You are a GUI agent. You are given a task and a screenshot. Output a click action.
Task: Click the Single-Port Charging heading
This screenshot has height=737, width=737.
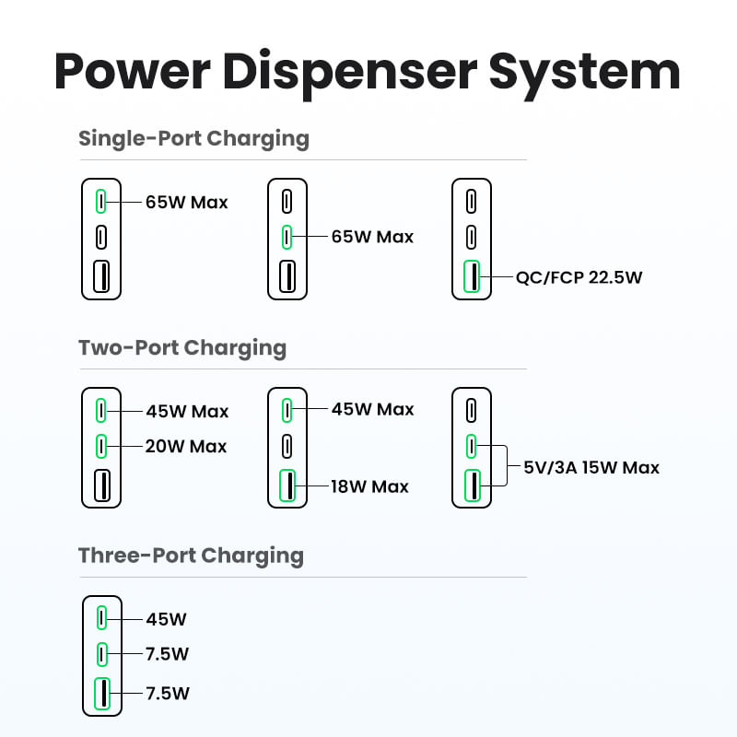[x=193, y=139]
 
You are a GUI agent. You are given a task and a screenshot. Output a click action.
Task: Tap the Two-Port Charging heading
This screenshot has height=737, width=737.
[x=182, y=348]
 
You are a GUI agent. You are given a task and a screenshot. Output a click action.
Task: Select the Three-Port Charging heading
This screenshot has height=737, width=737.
[x=191, y=556]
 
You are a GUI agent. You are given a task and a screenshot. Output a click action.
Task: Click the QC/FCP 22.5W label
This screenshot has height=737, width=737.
[x=579, y=276]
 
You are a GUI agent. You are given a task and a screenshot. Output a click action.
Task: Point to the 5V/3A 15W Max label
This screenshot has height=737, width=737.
[x=591, y=467]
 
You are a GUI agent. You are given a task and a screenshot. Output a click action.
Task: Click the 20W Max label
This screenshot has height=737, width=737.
[x=186, y=447]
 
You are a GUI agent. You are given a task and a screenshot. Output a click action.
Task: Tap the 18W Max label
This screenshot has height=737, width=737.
[x=370, y=485]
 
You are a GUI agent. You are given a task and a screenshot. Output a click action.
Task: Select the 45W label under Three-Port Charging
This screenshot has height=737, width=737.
[x=166, y=619]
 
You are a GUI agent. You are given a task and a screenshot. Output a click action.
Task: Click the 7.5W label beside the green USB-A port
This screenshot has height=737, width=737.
[x=168, y=693]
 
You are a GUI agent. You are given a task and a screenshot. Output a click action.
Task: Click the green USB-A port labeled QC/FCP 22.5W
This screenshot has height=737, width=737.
[x=471, y=276]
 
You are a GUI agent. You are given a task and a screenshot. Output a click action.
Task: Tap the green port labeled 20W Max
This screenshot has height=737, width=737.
[x=101, y=447]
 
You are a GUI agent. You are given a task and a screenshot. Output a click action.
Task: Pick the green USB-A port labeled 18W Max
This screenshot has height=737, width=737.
[x=287, y=485]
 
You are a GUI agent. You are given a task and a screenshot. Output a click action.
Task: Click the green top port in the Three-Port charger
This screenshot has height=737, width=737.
[x=101, y=617]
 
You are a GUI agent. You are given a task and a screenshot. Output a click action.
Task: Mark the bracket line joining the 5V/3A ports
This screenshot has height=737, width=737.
[x=507, y=466]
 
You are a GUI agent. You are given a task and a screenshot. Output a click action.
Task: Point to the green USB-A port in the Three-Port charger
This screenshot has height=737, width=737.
[x=101, y=693]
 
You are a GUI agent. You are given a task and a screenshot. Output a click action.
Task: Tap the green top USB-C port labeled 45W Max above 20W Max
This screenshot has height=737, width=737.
[x=101, y=409]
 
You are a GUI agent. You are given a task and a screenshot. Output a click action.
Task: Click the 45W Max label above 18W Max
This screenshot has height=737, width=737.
[x=372, y=409]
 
